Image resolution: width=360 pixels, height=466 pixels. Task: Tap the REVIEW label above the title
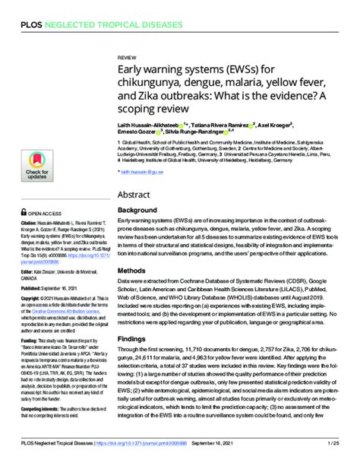click(127, 57)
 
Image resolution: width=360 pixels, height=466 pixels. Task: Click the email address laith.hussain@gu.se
click(142, 173)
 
